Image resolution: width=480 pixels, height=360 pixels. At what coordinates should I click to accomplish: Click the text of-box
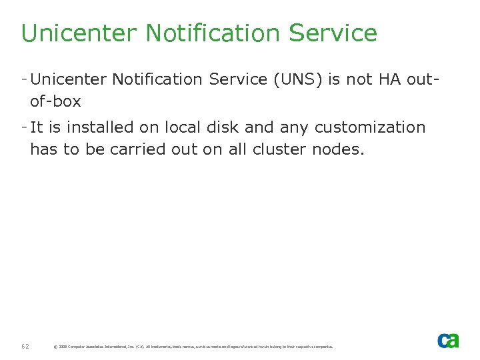55,102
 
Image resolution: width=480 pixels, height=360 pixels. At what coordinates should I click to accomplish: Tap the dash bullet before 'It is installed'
24,127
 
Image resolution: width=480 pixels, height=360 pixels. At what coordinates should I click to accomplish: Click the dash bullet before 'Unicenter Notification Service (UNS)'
24,79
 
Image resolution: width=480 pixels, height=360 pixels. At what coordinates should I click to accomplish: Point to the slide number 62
25,346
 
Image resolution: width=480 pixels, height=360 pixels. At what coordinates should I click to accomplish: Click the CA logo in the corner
448,340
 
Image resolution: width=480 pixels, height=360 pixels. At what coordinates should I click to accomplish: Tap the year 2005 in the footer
63,347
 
